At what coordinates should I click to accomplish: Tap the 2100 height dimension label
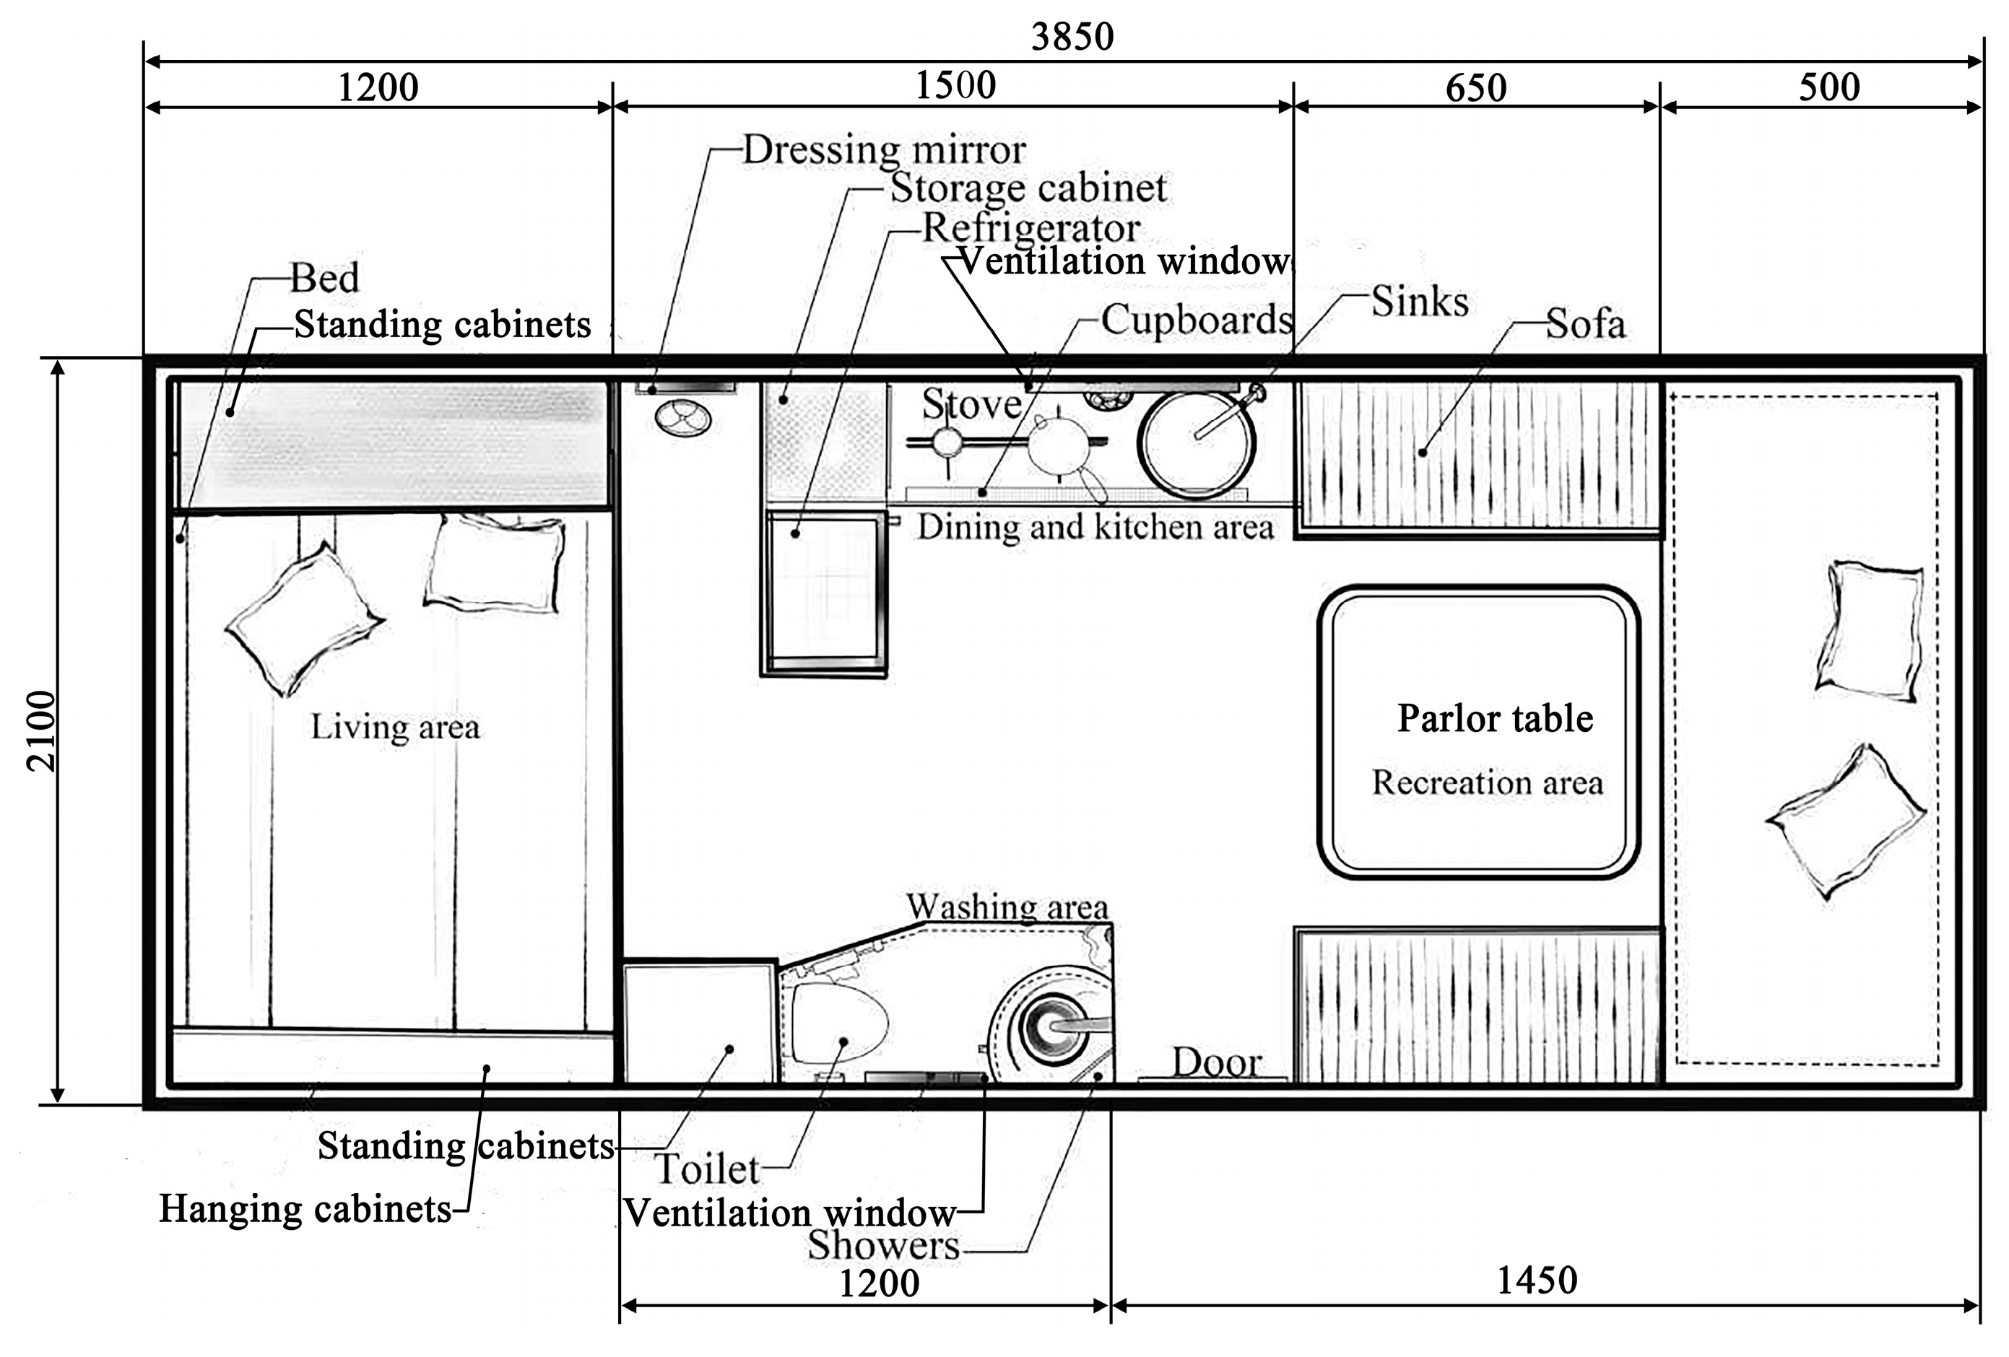[x=41, y=730]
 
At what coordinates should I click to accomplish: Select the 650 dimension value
[x=1475, y=88]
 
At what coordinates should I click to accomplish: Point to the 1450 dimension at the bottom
[x=1537, y=1280]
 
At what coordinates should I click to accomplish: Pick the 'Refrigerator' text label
[x=1031, y=228]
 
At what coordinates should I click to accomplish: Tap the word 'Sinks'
[x=1420, y=302]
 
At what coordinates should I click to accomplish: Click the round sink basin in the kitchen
[x=1197, y=442]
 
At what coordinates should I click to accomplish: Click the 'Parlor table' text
[x=1495, y=718]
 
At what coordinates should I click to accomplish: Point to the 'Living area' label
[x=395, y=727]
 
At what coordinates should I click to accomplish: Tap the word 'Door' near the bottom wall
[x=1216, y=1063]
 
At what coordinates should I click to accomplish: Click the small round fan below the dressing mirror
[x=683, y=419]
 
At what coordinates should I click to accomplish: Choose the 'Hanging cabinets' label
[x=305, y=1208]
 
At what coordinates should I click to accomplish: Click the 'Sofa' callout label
[x=1585, y=324]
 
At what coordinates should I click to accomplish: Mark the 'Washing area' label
[x=1007, y=907]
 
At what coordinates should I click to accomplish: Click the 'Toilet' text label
[x=706, y=1169]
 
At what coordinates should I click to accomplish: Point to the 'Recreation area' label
[x=1487, y=782]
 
